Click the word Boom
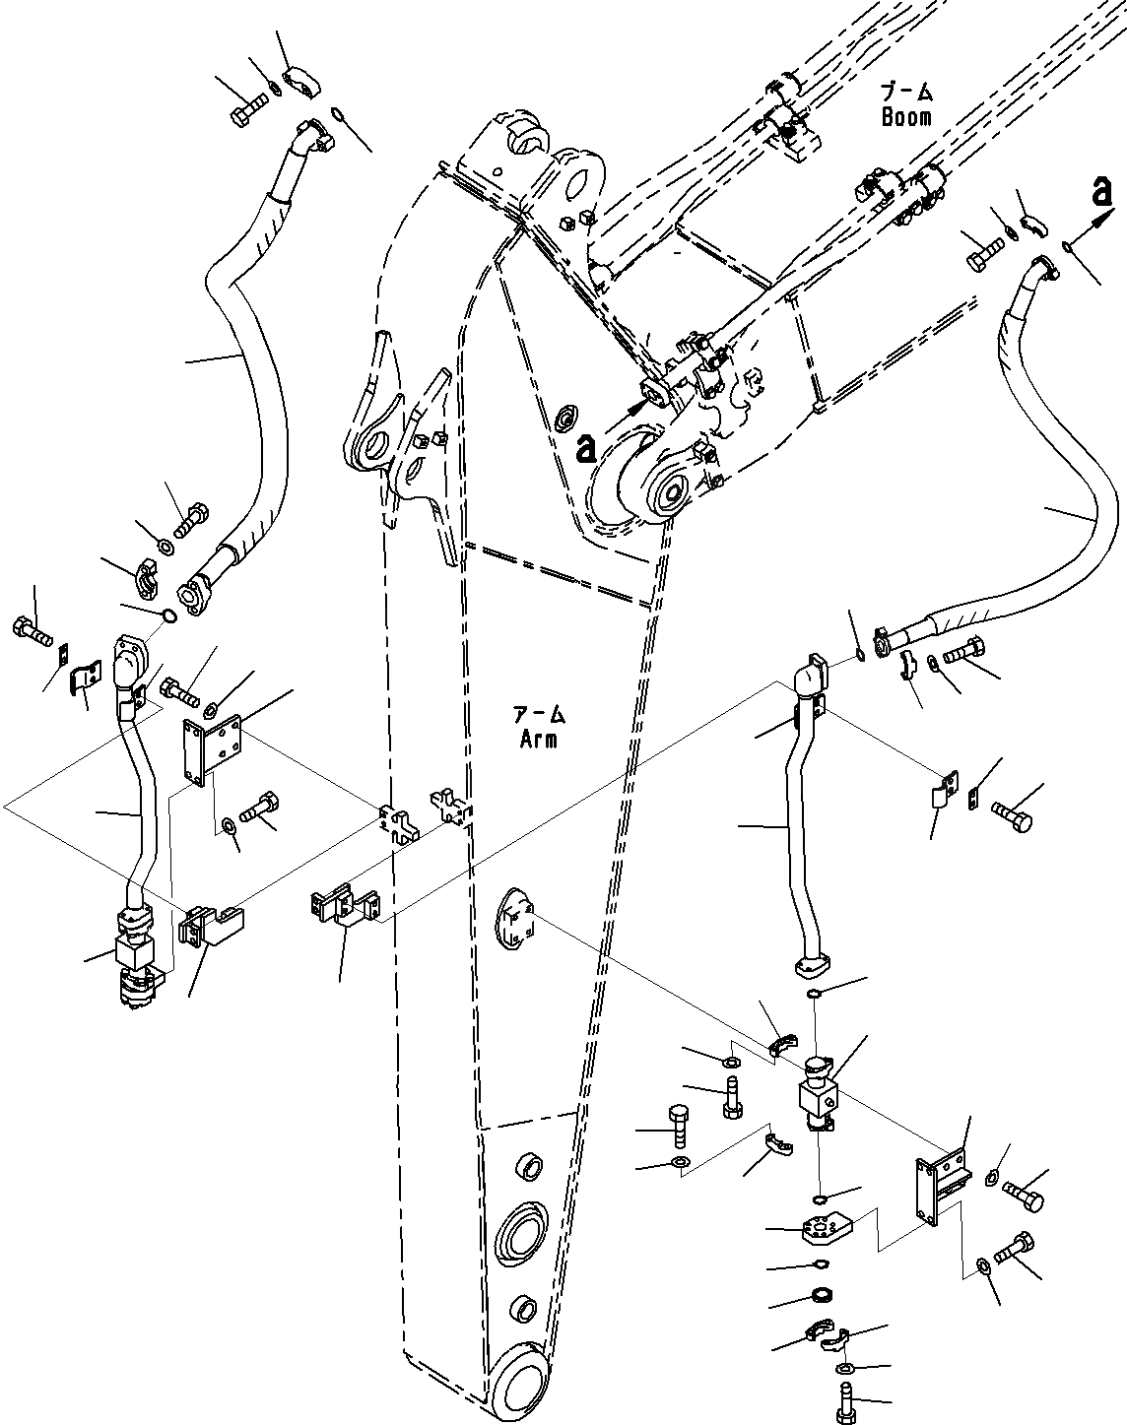coord(905,116)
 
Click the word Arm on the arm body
coord(540,739)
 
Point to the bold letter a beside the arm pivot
coord(586,449)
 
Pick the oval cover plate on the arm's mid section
coord(512,919)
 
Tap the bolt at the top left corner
coord(247,108)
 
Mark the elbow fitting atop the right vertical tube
coord(814,677)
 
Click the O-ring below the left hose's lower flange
coord(169,616)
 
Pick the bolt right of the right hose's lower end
coord(961,652)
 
